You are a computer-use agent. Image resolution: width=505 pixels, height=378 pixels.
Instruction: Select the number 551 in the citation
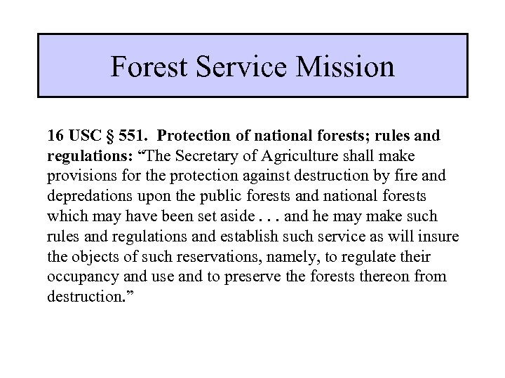[x=135, y=134]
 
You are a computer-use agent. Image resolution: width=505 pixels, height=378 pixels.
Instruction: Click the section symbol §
[x=112, y=134]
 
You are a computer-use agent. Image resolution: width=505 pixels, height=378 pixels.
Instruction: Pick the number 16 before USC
[x=55, y=134]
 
